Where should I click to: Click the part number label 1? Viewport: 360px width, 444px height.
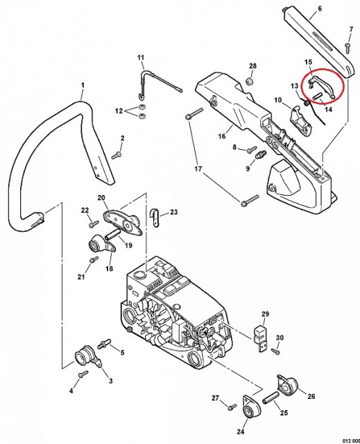tap(83, 85)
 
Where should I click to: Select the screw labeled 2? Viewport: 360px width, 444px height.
tap(117, 155)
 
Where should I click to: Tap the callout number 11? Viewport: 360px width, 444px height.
tap(141, 58)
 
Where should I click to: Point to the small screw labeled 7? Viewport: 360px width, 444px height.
tap(348, 47)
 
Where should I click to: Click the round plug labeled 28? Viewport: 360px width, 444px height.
tap(249, 80)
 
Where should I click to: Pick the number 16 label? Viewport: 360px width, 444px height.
tap(222, 136)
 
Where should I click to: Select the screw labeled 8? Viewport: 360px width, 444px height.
tap(252, 149)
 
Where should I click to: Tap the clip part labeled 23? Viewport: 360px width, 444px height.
tap(154, 217)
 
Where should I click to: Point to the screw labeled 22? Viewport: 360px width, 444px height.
tap(93, 225)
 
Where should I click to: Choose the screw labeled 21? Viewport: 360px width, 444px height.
tap(94, 259)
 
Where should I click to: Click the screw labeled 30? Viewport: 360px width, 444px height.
tap(275, 352)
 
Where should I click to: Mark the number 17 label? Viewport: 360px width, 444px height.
tap(198, 169)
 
